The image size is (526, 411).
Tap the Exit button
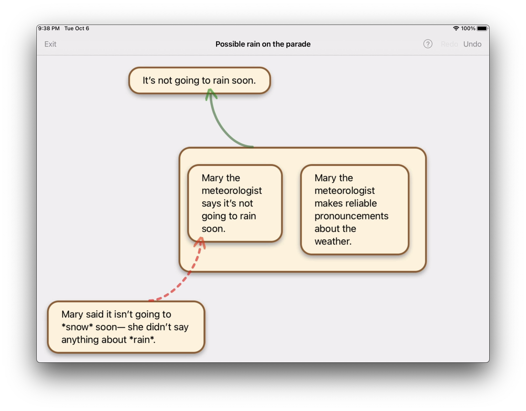coord(50,44)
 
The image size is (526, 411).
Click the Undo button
coord(472,44)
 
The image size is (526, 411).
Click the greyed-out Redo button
coord(449,44)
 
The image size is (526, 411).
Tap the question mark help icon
coord(428,44)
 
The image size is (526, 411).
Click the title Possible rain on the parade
coord(263,44)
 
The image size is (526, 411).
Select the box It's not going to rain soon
coord(199,80)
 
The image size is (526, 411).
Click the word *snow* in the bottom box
coord(77,327)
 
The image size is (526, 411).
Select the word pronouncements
coord(351,216)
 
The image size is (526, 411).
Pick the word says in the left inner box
coord(211,204)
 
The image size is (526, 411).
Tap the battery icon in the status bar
coord(482,29)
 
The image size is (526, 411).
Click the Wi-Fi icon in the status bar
coord(456,29)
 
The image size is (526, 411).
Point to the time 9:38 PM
coord(49,29)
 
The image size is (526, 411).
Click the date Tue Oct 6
coord(77,29)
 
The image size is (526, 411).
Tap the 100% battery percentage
coord(468,29)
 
